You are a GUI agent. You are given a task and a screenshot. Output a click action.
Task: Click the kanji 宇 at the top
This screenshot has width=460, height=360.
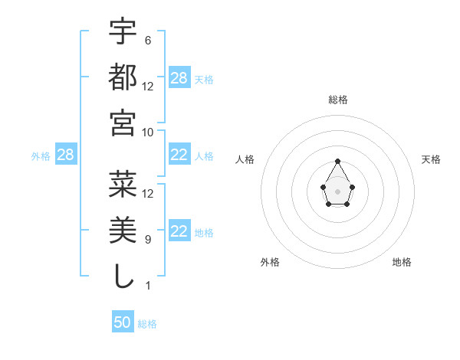coord(123,31)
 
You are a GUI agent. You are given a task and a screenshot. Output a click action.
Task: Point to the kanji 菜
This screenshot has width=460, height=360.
coord(123,184)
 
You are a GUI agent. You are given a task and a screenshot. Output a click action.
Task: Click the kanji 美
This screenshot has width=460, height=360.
coord(123,229)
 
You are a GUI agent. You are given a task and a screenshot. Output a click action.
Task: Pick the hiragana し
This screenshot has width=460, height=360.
coord(123,275)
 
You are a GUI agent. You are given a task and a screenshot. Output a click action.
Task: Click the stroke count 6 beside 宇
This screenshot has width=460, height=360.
coord(147,40)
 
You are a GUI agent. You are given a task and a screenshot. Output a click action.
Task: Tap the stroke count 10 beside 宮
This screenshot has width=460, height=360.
coord(148,132)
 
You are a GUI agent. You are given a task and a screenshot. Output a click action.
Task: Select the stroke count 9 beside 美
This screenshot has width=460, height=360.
coord(147,240)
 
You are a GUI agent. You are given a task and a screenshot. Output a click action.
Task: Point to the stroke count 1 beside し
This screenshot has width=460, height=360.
coord(147,286)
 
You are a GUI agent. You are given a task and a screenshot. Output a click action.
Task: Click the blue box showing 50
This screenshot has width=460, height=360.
coord(123,322)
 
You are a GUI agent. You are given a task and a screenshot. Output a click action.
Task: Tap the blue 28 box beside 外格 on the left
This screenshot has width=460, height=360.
coord(65,155)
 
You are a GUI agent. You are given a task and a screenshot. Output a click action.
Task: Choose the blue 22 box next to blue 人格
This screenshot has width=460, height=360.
coord(179,155)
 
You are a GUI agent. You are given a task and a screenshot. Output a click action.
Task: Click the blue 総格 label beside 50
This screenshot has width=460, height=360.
coord(147,324)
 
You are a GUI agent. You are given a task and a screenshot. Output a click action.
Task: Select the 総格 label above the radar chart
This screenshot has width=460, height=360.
coord(337,100)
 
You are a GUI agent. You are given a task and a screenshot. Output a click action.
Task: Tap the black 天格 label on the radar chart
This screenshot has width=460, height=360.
coord(431,159)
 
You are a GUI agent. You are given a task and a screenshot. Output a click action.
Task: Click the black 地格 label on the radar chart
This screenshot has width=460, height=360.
coord(402,262)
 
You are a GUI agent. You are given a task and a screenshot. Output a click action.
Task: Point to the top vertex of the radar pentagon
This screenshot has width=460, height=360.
coord(337,161)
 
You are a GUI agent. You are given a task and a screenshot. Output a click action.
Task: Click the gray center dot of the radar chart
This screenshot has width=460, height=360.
coord(337,191)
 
